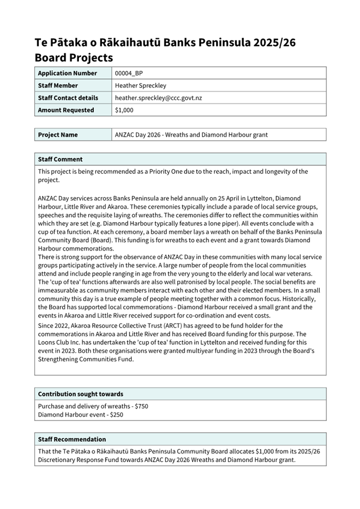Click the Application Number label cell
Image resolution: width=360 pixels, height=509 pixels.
pos(68,73)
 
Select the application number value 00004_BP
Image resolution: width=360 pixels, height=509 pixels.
pos(129,73)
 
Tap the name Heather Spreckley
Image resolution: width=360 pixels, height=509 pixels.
pos(141,85)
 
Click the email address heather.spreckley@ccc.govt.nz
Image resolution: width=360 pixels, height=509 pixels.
pos(158,98)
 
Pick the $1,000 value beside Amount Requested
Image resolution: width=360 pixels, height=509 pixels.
pos(124,110)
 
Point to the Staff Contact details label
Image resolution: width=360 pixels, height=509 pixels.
pos(68,98)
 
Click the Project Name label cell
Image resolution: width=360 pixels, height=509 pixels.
pos(58,135)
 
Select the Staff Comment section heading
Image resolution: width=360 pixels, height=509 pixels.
pos(60,159)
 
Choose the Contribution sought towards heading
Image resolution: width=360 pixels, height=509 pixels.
pos(81,394)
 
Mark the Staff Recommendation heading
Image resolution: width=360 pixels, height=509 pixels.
pos(72,439)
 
